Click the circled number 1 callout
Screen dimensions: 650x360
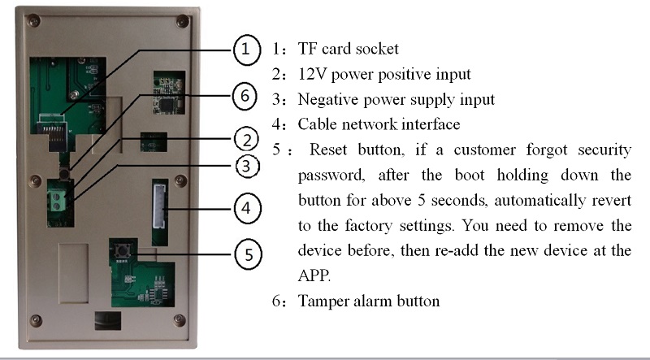[x=247, y=50]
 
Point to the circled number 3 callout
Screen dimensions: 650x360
[x=248, y=167]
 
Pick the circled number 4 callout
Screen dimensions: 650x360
[x=248, y=208]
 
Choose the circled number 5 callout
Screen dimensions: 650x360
[x=249, y=254]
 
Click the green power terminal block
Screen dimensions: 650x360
[x=57, y=201]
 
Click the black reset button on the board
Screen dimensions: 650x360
[x=123, y=250]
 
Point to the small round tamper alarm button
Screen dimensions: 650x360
[x=64, y=174]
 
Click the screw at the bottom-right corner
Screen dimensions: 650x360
[x=179, y=319]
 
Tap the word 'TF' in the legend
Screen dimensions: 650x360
[x=307, y=49]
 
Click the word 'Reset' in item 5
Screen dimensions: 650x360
[x=328, y=150]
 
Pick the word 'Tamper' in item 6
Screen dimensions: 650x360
[x=323, y=301]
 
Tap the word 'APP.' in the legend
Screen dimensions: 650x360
[x=314, y=275]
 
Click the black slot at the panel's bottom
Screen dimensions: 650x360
[x=108, y=321]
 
